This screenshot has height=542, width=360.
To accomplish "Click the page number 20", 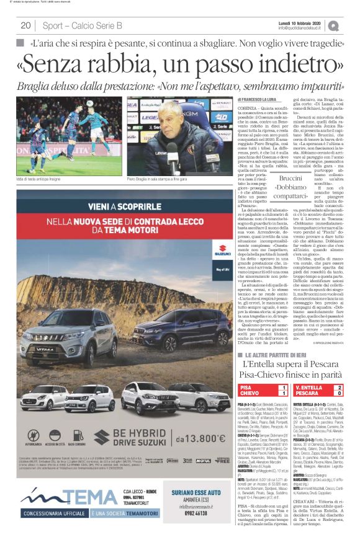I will (x=25, y=25).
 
